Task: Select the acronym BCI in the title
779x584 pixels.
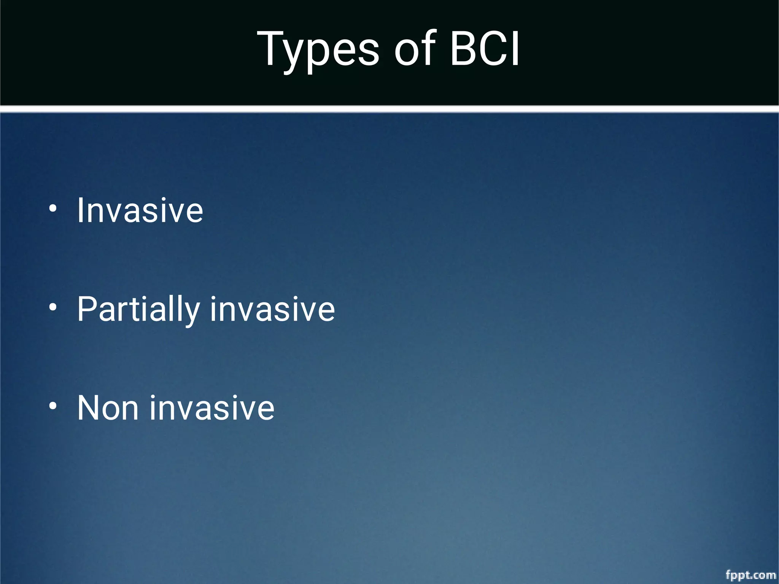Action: click(484, 49)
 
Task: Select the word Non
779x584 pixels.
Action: click(108, 408)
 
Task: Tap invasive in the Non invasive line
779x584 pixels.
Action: click(212, 408)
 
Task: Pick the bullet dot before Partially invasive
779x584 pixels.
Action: click(53, 307)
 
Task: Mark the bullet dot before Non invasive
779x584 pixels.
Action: click(53, 406)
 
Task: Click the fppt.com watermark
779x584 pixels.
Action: click(750, 574)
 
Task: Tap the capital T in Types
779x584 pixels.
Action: click(272, 48)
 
